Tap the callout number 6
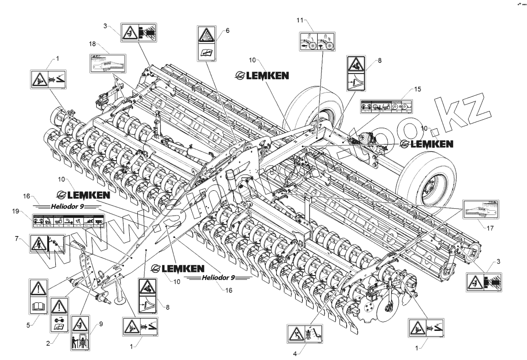point(227,31)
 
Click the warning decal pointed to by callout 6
point(207,44)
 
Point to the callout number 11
point(300,20)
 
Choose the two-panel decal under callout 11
point(317,41)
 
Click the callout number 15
point(417,89)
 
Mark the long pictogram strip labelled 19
point(68,221)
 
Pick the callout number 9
point(100,325)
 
